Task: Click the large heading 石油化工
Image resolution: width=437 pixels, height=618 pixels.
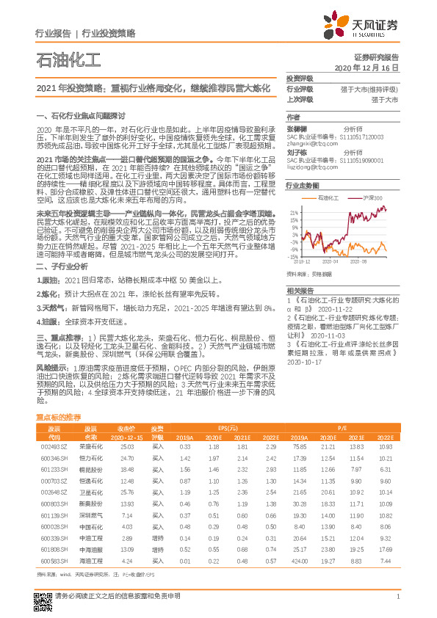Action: coord(65,60)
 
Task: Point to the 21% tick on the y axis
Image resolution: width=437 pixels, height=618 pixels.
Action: coord(293,211)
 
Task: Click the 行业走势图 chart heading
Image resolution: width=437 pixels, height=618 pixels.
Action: coord(302,185)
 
